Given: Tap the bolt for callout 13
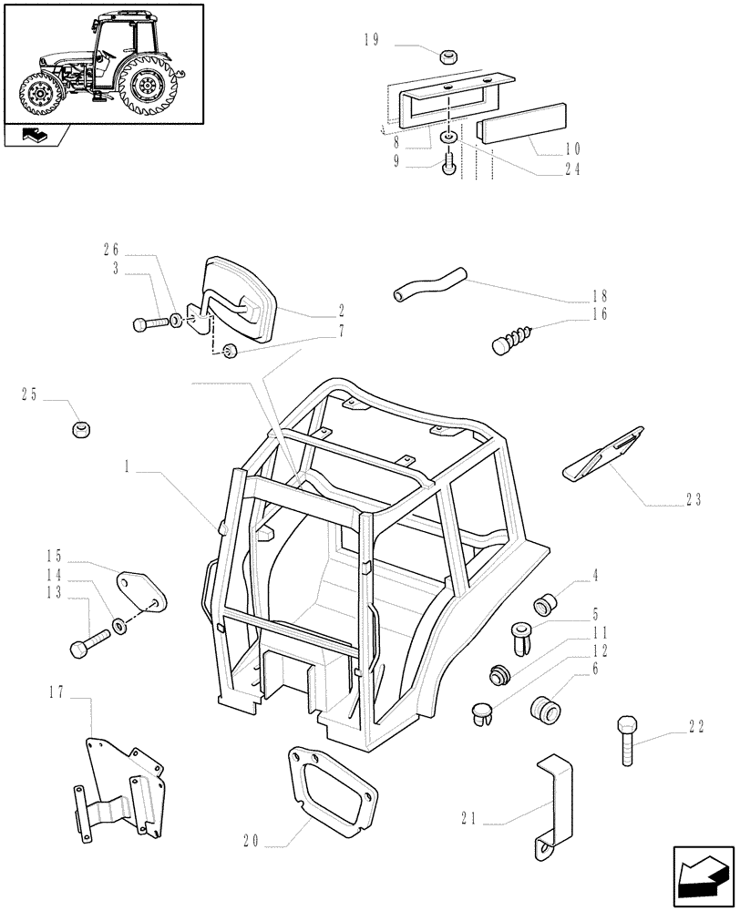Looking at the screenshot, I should coord(89,646).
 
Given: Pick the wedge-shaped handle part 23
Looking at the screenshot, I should coord(603,452).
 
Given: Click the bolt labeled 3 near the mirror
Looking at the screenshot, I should coord(149,322).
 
